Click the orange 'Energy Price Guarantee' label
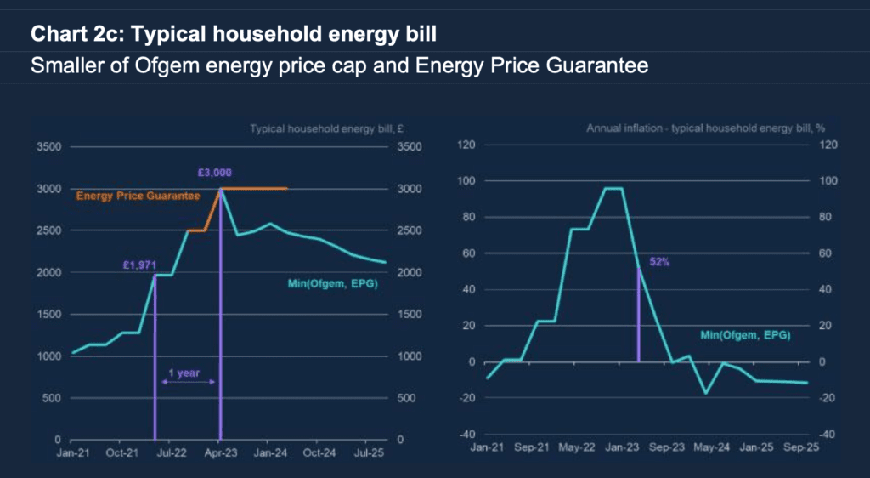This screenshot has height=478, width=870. coord(138,196)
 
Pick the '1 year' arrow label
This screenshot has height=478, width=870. coord(177,372)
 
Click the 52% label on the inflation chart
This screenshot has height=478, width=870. coord(659,262)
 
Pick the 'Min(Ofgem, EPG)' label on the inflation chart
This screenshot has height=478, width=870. coord(745,336)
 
